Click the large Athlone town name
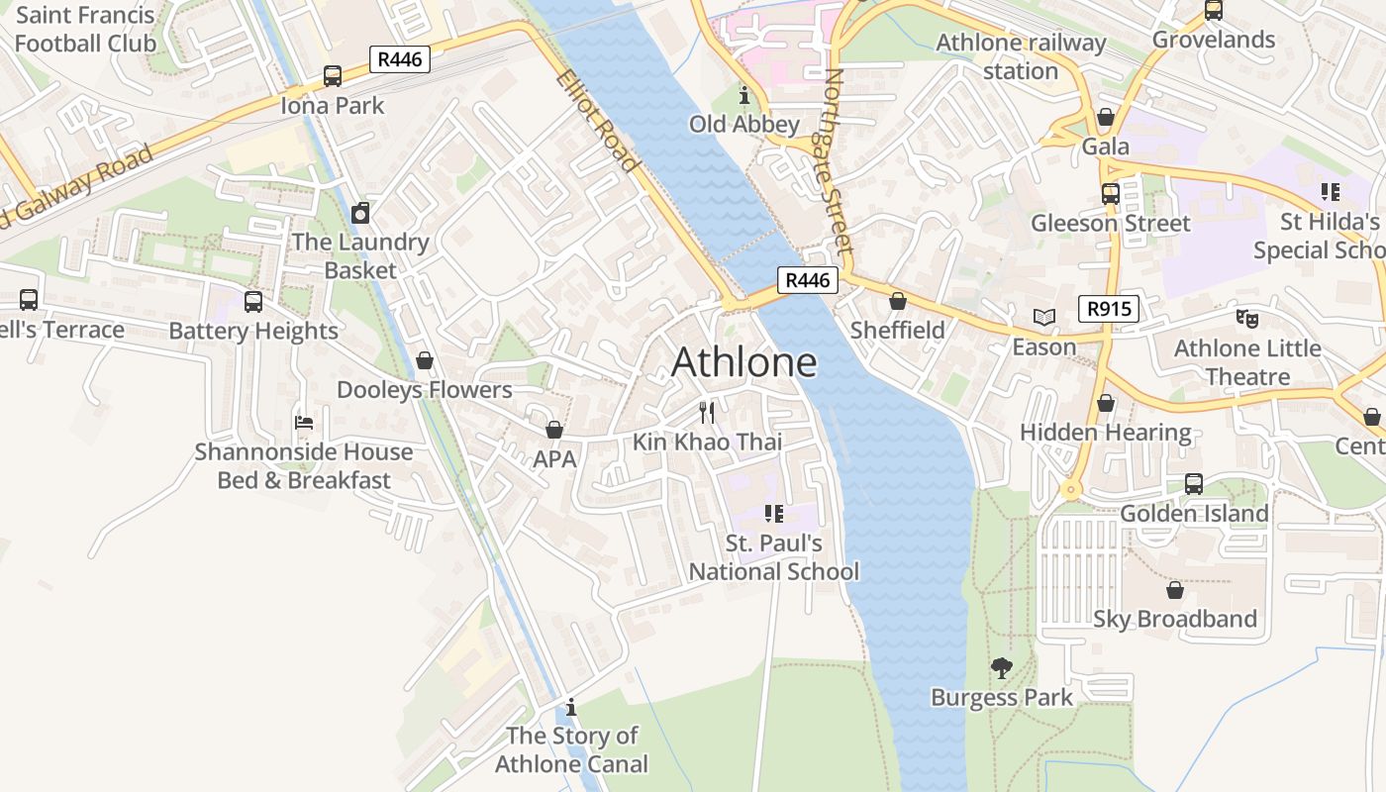point(744,362)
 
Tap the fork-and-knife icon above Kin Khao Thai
point(707,412)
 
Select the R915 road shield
point(1109,309)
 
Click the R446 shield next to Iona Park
point(400,59)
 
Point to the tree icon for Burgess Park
point(1002,668)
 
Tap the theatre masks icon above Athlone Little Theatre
point(1246,319)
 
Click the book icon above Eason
point(1043,317)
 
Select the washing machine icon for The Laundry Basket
point(360,213)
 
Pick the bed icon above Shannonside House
point(304,423)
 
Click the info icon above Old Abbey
point(744,95)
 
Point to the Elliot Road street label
point(597,120)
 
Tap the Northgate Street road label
point(839,161)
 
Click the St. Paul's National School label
point(774,557)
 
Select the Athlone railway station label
point(1021,56)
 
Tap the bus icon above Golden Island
point(1194,484)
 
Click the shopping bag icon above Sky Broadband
point(1175,590)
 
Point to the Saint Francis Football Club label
point(85,29)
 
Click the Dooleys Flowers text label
point(425,390)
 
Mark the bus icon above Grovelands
point(1213,11)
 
